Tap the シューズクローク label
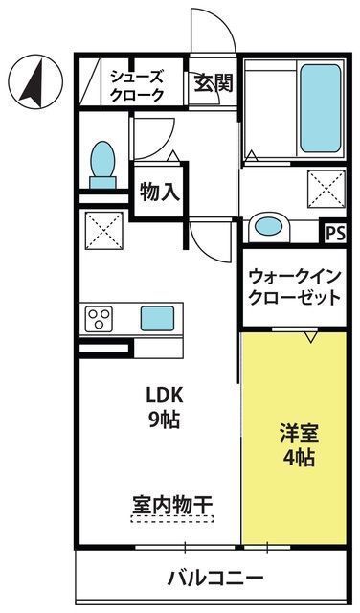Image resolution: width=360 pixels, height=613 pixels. point(136,85)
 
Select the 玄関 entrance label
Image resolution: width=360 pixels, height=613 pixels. point(214,82)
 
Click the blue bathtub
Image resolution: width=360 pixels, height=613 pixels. point(320,108)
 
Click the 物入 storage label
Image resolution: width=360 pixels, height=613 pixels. point(160,192)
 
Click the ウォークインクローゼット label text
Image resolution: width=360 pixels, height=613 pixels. point(295,287)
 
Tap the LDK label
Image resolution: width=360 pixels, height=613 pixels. point(164,396)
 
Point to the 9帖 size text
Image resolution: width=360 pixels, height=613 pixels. point(164,420)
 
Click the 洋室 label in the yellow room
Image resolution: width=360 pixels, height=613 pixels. point(299,433)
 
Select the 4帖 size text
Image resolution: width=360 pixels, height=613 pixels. point(299,457)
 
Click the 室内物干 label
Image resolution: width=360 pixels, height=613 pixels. point(172,506)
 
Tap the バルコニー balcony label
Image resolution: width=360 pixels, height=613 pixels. point(215,577)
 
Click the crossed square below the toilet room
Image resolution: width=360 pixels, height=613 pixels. point(104,230)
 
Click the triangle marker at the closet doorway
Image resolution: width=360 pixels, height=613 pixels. point(311,337)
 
